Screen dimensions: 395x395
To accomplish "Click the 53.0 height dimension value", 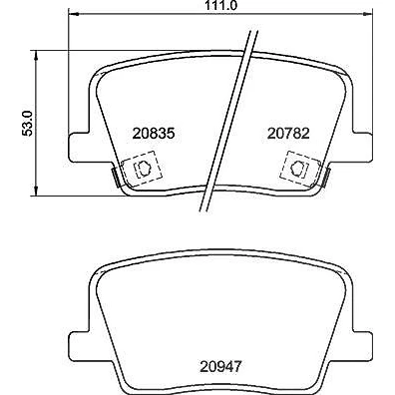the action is coord(28,123).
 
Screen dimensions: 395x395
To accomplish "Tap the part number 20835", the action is coord(154,134).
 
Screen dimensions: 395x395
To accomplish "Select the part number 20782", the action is coord(288,134).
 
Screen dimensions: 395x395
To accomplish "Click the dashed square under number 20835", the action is coord(142,169).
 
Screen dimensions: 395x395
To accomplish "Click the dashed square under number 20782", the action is coord(300,169).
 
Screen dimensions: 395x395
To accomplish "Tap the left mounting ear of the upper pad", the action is coord(80,148).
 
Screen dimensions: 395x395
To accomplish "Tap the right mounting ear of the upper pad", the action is coord(362,148).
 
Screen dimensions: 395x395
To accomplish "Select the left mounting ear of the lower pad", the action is coord(80,346).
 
